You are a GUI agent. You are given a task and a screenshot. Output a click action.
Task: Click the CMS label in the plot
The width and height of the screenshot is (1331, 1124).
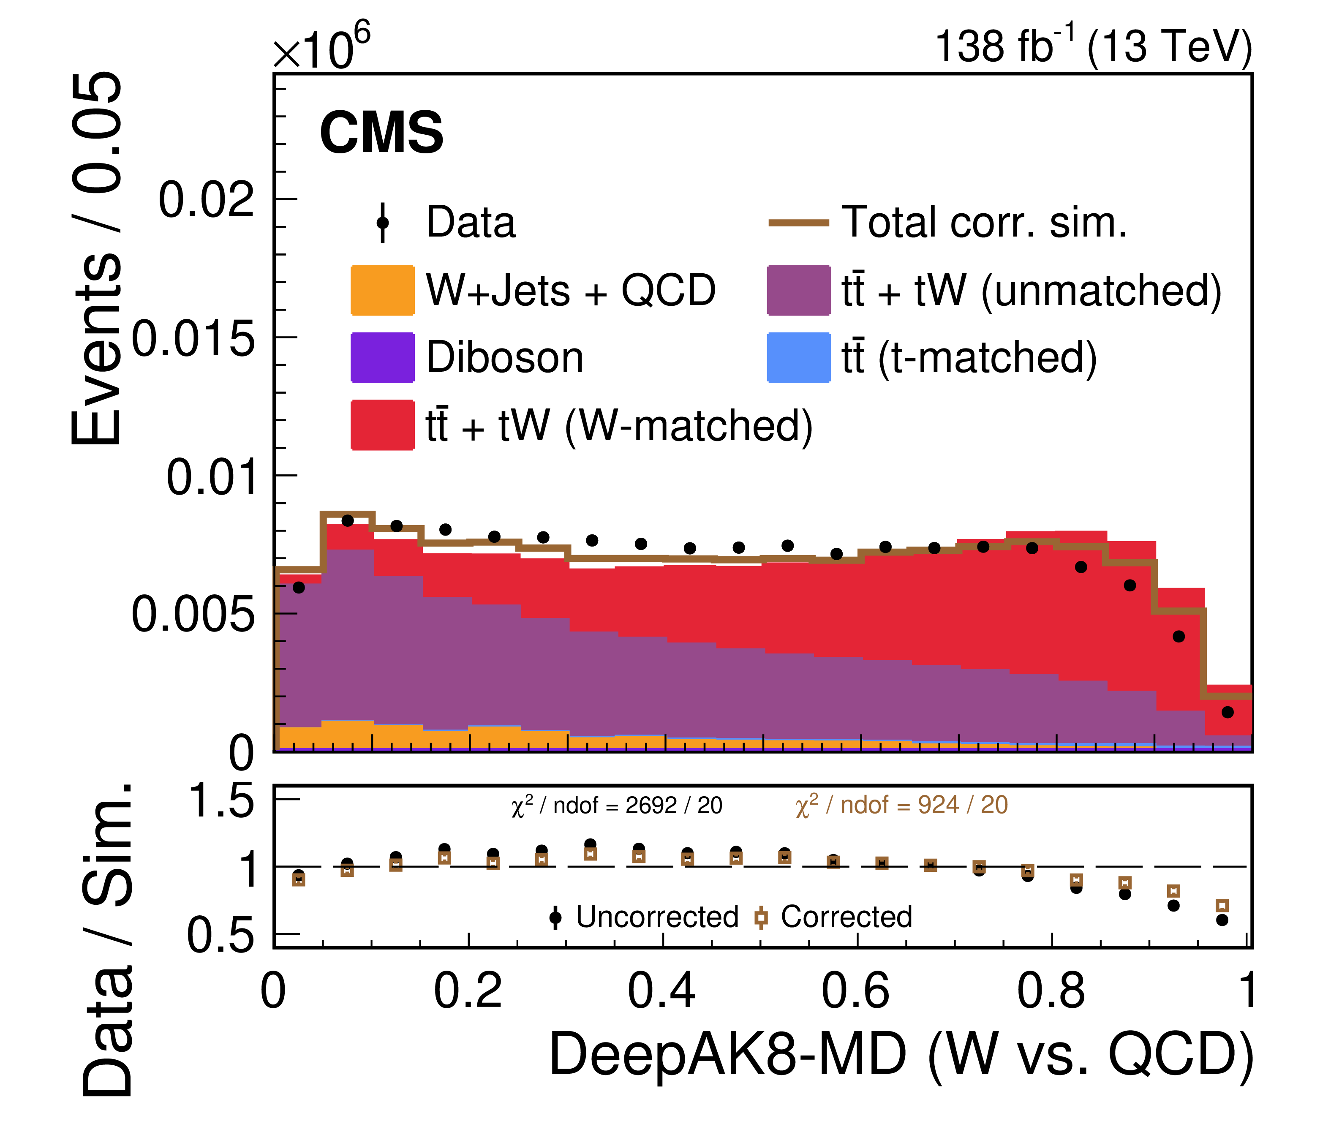click(381, 133)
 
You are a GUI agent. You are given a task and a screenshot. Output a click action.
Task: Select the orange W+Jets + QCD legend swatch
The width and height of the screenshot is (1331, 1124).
click(382, 290)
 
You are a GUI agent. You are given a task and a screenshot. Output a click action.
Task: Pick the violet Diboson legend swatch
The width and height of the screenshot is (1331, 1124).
click(382, 357)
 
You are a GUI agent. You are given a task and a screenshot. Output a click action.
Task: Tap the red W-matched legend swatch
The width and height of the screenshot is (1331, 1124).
click(382, 425)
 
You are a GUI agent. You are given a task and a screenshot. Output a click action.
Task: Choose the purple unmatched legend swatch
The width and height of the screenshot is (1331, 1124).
click(798, 290)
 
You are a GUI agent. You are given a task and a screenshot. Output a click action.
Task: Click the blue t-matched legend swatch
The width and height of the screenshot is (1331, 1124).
click(798, 357)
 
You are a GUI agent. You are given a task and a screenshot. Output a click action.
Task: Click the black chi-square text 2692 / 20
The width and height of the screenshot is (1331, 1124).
click(616, 806)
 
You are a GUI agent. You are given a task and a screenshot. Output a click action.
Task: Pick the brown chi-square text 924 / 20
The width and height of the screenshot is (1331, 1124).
click(901, 806)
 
